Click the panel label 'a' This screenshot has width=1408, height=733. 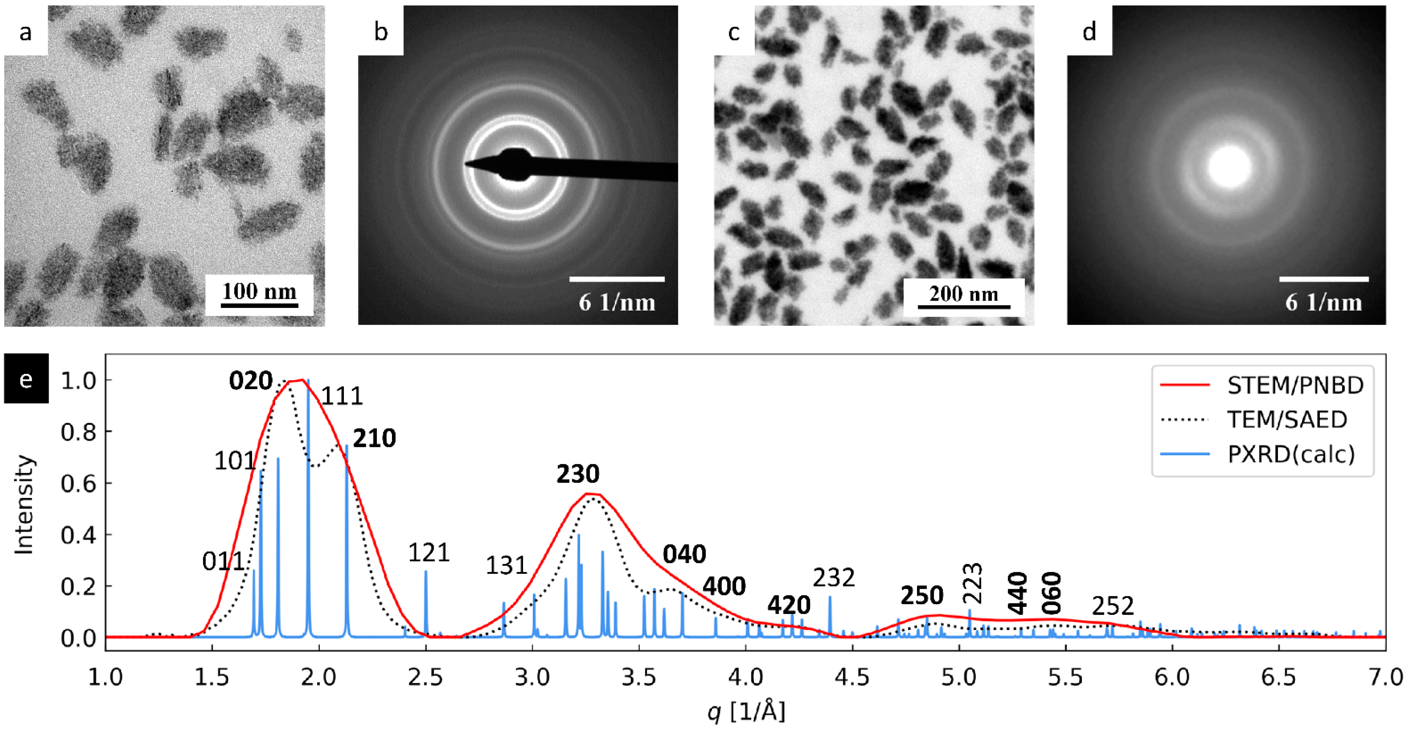[x=25, y=32]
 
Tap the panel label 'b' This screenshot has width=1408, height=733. [x=381, y=32]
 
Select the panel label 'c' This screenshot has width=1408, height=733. [x=734, y=32]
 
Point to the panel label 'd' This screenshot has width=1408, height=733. [x=1089, y=32]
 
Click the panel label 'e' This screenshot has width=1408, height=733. [x=26, y=378]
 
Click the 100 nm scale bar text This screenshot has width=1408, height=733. [x=259, y=291]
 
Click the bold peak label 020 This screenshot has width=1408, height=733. [x=250, y=381]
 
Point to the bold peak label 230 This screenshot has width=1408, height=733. [x=578, y=473]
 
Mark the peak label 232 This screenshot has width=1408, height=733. [x=834, y=577]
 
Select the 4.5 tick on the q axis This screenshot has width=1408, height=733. [x=852, y=677]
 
